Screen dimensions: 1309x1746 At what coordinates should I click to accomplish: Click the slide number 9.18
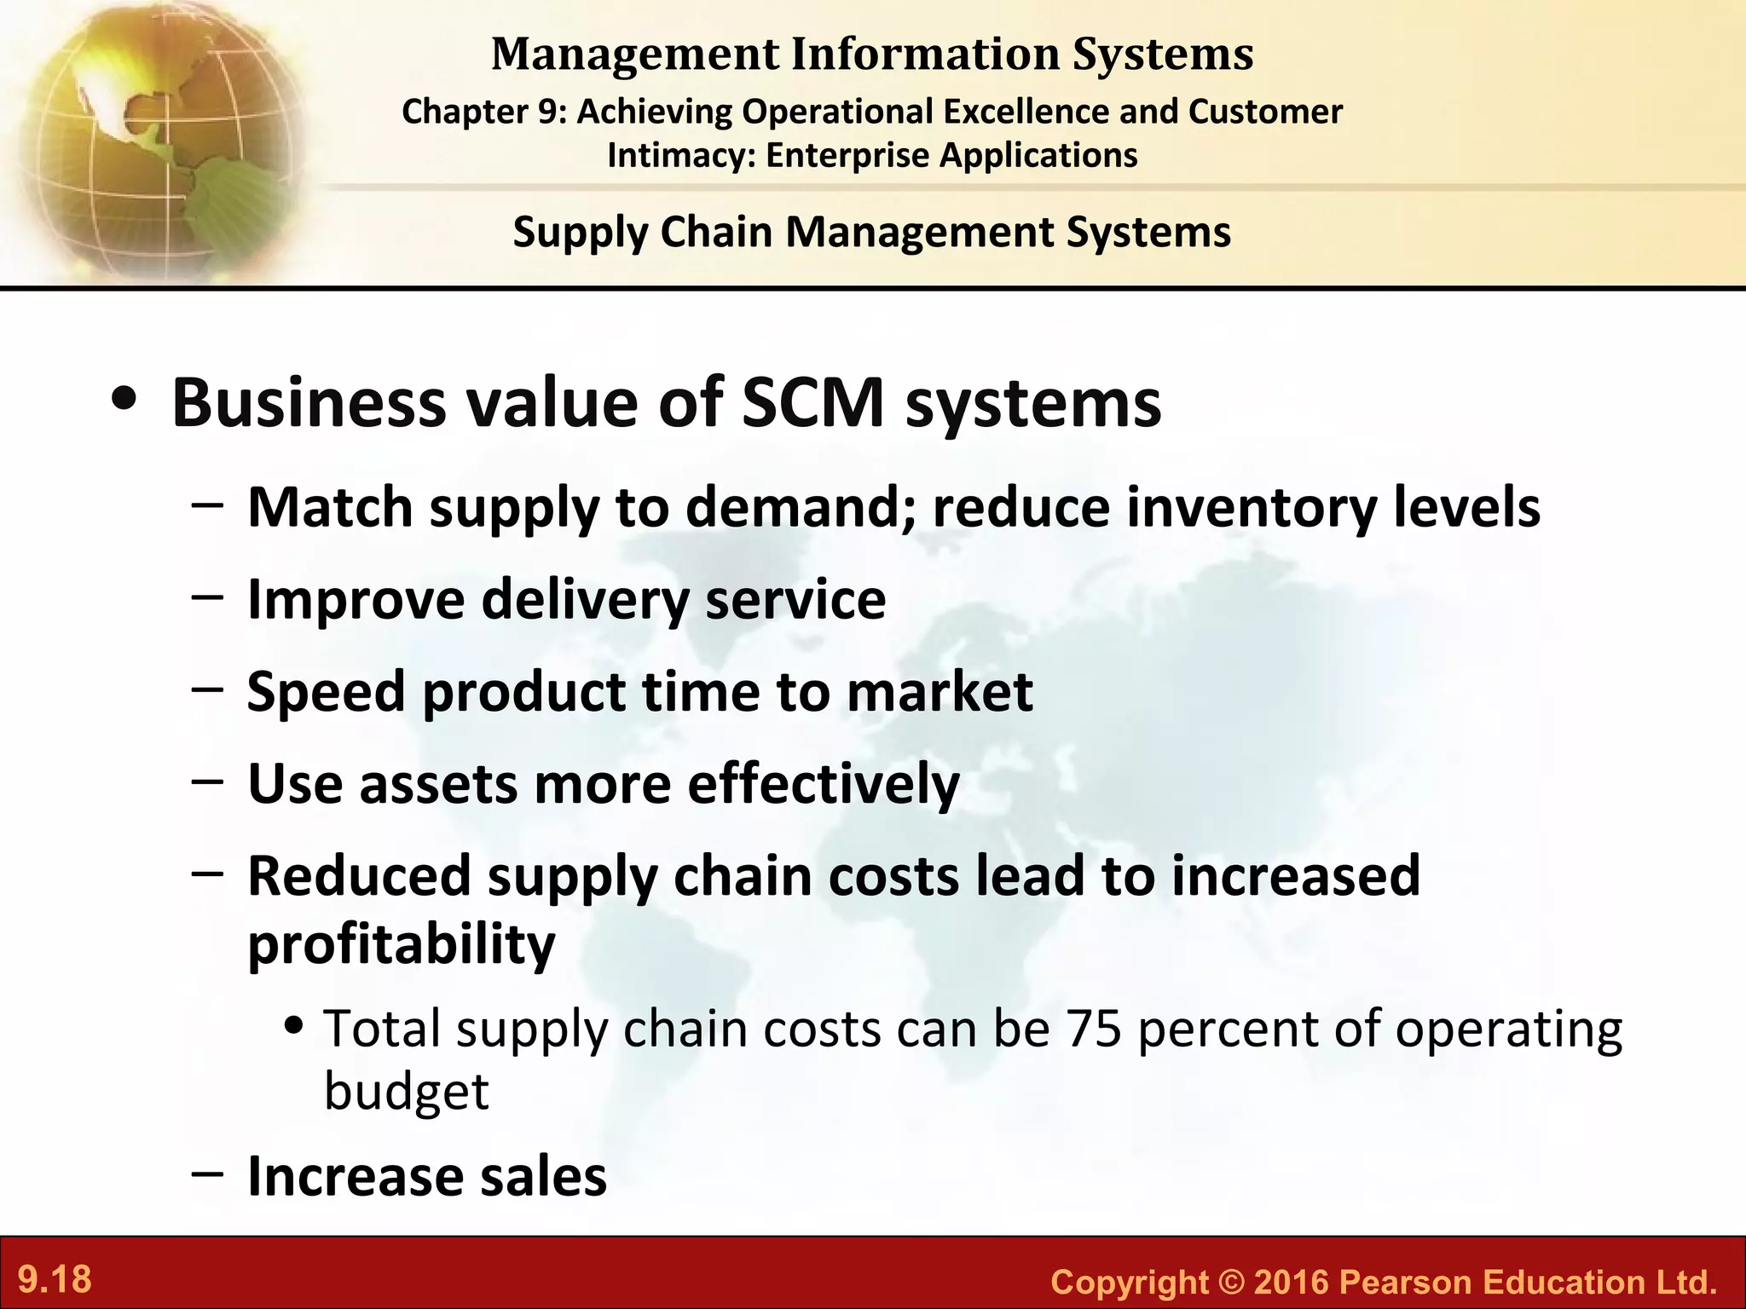click(x=55, y=1280)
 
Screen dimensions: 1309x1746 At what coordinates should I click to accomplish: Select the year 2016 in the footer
click(x=1291, y=1282)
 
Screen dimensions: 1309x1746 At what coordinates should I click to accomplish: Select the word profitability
click(x=401, y=944)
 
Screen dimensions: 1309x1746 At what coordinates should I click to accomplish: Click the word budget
click(x=407, y=1091)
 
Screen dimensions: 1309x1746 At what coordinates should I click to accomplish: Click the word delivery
click(x=585, y=599)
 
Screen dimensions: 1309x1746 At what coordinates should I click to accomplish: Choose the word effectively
click(x=824, y=783)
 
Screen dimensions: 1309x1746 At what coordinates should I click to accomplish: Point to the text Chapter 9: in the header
click(x=483, y=112)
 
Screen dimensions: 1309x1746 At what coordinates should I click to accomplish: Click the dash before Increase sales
click(x=207, y=1173)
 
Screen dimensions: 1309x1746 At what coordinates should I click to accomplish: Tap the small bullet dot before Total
click(x=295, y=1026)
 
